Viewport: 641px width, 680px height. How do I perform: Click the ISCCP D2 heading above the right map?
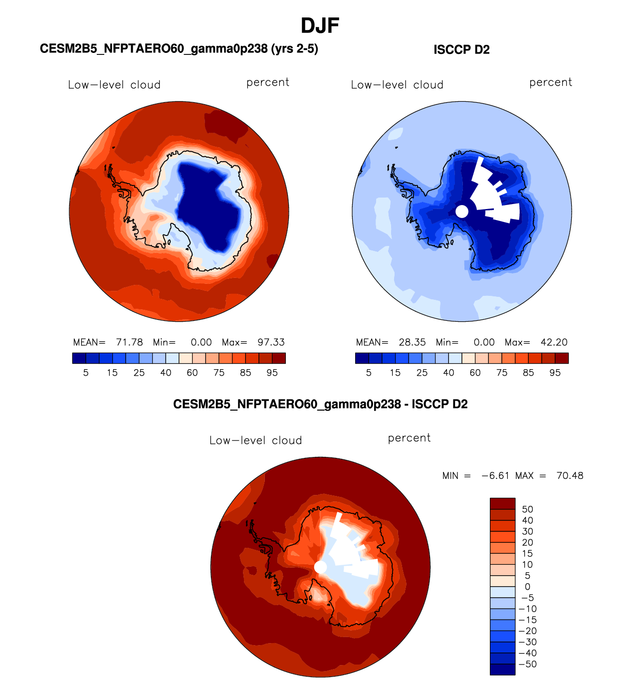click(461, 50)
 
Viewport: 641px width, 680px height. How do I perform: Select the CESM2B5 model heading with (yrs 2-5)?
click(179, 49)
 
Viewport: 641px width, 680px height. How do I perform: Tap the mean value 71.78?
click(129, 342)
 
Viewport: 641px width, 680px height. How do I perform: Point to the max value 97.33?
click(271, 342)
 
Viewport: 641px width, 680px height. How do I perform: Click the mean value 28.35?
click(412, 342)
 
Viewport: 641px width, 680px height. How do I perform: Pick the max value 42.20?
click(554, 342)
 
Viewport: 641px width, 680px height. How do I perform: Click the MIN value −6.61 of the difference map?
click(495, 475)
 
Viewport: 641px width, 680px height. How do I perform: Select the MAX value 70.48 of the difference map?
click(570, 475)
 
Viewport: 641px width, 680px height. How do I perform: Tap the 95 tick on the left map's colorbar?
click(272, 373)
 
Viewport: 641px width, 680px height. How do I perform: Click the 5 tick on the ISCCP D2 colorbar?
click(369, 373)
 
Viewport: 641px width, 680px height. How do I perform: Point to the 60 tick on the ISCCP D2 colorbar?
click(475, 373)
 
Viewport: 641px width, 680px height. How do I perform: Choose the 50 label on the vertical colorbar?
click(527, 509)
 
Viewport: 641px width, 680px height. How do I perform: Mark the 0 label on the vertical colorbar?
click(527, 587)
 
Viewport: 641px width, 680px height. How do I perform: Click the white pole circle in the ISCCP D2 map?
click(462, 212)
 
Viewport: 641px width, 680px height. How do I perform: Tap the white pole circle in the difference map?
click(320, 567)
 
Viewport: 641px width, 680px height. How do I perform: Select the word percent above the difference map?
click(409, 438)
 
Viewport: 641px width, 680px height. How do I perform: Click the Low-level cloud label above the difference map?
click(255, 441)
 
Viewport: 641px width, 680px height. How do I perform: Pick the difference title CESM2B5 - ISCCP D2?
click(320, 404)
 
